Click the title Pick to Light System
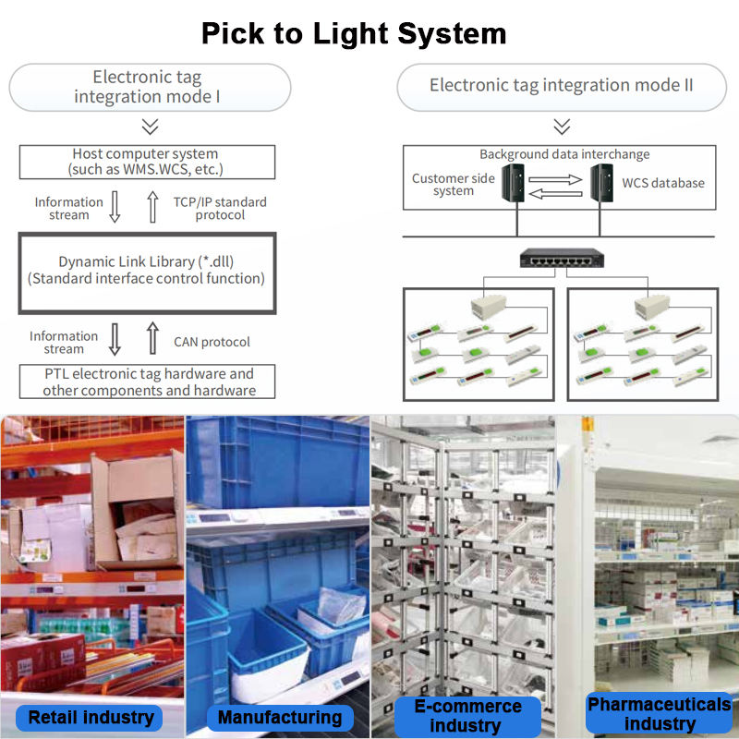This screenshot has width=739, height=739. tap(355, 34)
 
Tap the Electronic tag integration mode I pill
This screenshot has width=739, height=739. tap(148, 88)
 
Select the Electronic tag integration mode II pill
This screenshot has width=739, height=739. tap(562, 87)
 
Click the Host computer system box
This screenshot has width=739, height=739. tap(146, 162)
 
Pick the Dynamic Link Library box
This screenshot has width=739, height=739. tap(146, 271)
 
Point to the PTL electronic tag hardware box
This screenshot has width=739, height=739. tap(148, 382)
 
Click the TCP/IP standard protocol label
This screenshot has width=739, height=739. tap(220, 208)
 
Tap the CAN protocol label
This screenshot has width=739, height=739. tap(212, 342)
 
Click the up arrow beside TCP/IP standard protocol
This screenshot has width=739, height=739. tap(153, 207)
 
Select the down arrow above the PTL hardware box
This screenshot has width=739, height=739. tap(115, 339)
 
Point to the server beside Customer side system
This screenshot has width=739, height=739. tap(514, 183)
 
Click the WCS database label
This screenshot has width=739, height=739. tap(663, 183)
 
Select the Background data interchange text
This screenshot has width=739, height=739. tap(564, 154)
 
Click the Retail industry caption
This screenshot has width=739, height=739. tap(91, 717)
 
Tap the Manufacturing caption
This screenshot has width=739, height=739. tap(280, 717)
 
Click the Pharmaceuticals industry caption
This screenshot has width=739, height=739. tap(660, 713)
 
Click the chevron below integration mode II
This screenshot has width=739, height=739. tap(562, 127)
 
